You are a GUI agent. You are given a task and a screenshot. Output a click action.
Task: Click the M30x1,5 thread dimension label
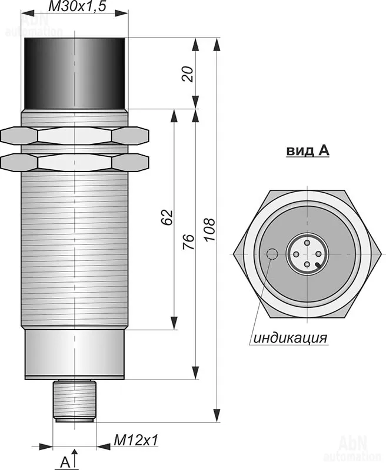point(77,6)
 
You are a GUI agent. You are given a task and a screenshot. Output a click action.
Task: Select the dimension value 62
point(167,217)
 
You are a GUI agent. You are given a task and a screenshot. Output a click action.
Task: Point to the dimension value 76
point(189,241)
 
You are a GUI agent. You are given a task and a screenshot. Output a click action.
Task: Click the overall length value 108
point(209,230)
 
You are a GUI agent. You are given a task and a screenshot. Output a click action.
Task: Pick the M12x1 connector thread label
point(136,440)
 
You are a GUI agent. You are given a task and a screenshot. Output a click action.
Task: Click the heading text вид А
point(308,151)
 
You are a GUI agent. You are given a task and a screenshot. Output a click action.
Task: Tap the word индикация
point(290,338)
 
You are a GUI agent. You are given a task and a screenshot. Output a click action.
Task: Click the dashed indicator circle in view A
point(272,254)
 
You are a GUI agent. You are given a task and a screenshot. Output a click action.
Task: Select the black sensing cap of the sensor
point(75,73)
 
